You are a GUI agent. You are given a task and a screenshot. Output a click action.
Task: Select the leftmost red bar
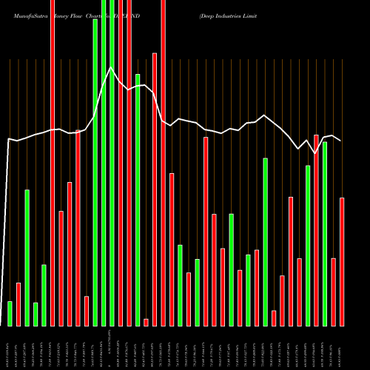pyautogui.click(x=18, y=304)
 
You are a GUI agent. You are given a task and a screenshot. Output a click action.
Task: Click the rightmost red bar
pyautogui.click(x=342, y=262)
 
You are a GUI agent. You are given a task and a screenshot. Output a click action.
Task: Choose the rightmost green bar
pyautogui.click(x=325, y=234)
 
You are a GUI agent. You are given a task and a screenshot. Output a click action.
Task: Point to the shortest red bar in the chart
pyautogui.click(x=146, y=322)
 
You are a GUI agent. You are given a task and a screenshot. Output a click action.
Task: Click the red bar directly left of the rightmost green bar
pyautogui.click(x=317, y=230)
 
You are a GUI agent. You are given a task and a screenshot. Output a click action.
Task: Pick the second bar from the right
pyautogui.click(x=334, y=292)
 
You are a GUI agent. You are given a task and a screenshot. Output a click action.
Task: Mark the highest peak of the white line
pyautogui.click(x=110, y=68)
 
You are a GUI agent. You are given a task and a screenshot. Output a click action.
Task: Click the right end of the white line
pyautogui.click(x=340, y=141)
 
